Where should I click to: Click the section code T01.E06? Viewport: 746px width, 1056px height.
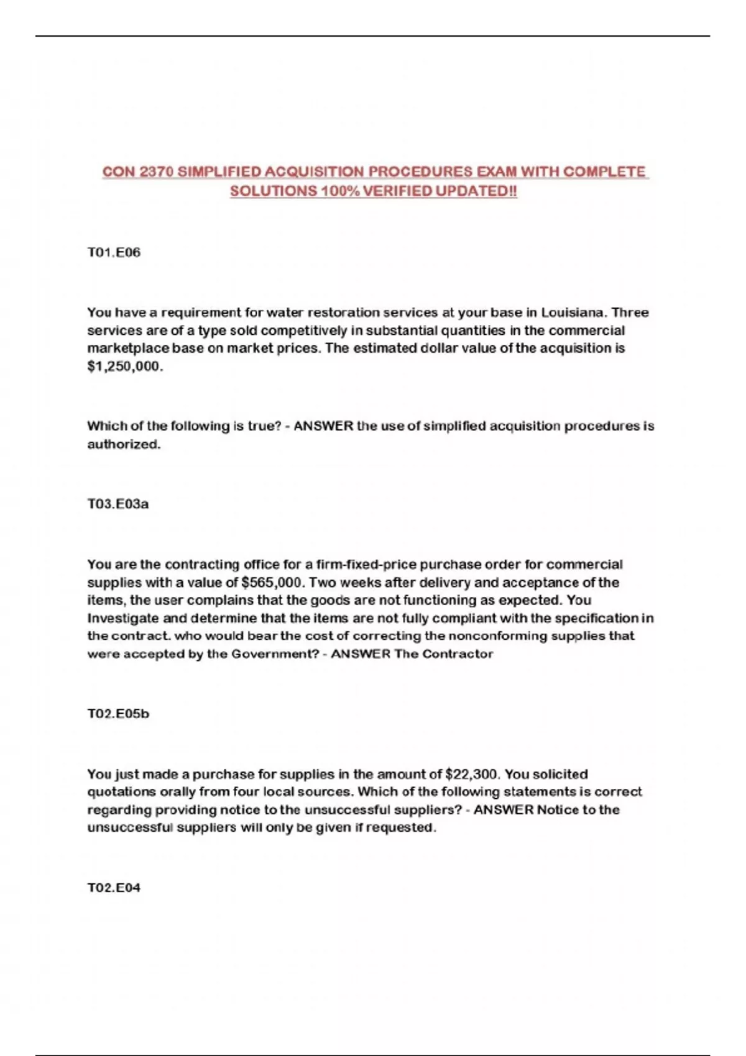[x=114, y=252]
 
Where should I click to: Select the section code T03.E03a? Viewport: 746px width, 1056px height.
[x=118, y=504]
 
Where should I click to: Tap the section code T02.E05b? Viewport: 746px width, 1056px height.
[x=118, y=714]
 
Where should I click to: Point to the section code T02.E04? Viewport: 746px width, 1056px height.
[x=114, y=888]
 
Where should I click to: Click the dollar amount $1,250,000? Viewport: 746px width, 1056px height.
[x=124, y=366]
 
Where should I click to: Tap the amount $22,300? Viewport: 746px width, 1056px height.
[x=472, y=775]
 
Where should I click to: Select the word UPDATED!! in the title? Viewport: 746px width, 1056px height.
[x=476, y=191]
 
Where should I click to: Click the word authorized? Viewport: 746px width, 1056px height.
[x=124, y=444]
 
